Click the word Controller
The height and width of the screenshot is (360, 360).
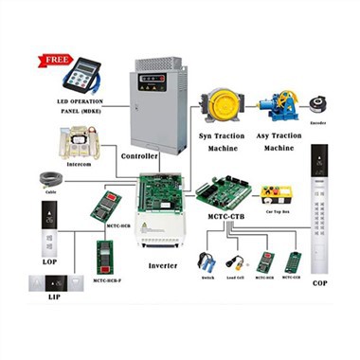140,154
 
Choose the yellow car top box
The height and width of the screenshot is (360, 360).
275,194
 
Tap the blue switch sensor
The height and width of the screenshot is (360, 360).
206,260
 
